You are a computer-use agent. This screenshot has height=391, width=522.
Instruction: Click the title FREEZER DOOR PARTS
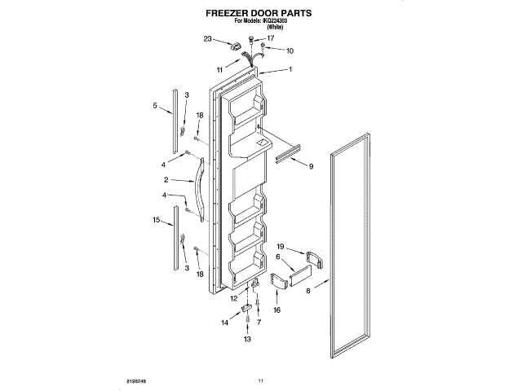[260, 15]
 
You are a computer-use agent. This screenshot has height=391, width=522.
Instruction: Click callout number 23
[207, 39]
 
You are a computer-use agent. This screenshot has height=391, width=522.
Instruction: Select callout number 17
[271, 38]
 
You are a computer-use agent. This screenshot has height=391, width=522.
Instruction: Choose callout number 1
[290, 69]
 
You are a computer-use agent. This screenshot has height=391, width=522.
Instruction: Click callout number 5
[155, 105]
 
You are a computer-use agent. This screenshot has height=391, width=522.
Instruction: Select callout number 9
[310, 166]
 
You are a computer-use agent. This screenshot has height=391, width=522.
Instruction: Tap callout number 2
[166, 179]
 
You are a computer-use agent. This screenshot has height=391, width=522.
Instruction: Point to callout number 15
[157, 220]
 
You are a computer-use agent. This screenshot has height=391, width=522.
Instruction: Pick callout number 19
[280, 246]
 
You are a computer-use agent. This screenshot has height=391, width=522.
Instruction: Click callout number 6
[279, 257]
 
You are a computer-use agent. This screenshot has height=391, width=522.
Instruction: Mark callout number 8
[308, 290]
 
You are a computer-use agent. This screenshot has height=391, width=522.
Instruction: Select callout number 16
[276, 310]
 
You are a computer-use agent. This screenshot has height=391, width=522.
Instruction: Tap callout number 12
[233, 299]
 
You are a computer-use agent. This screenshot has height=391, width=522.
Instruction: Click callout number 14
[224, 323]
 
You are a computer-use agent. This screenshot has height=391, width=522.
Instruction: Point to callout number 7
[259, 322]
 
